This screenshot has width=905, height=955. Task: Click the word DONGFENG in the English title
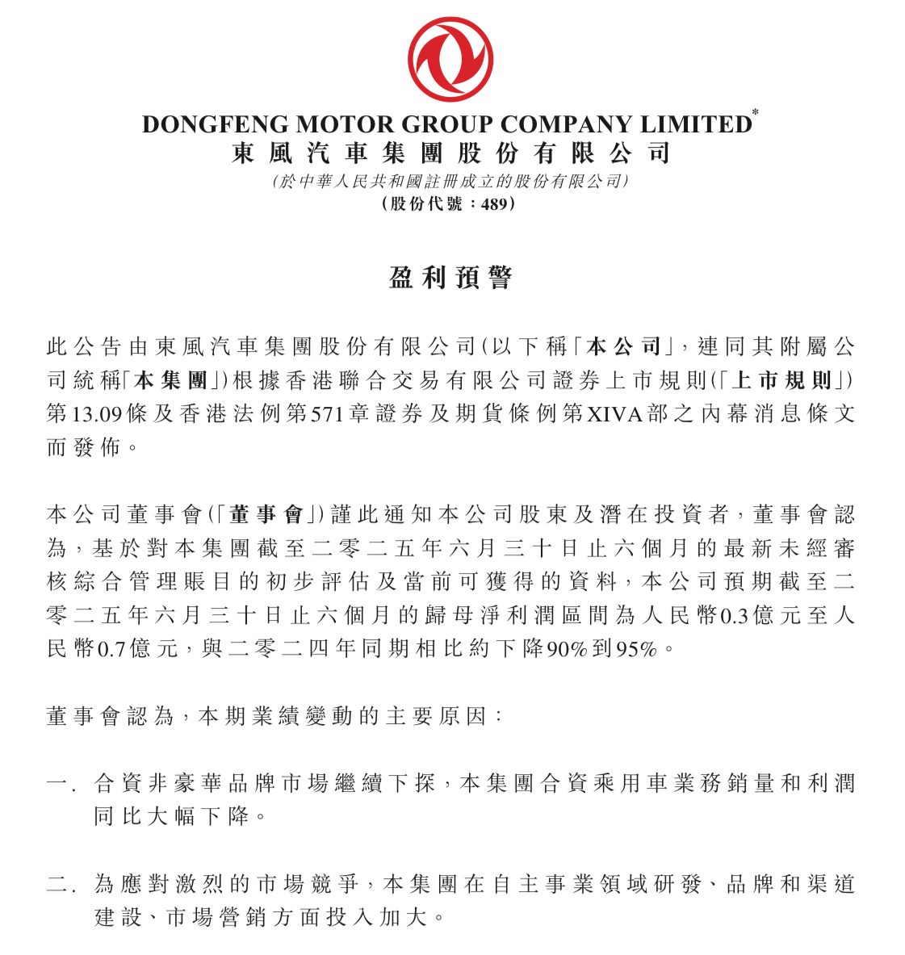click(x=215, y=124)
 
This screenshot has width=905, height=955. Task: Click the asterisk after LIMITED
click(x=756, y=113)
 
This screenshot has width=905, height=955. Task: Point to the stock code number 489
click(x=494, y=203)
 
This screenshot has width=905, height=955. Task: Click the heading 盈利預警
click(x=450, y=279)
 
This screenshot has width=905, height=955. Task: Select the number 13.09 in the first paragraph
click(x=97, y=414)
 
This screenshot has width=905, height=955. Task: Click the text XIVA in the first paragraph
click(x=614, y=414)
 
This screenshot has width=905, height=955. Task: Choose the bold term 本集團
click(x=170, y=380)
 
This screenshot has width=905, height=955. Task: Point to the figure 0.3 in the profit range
click(x=733, y=615)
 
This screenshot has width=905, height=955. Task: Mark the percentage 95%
click(x=636, y=648)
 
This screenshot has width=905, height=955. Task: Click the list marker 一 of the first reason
click(x=57, y=783)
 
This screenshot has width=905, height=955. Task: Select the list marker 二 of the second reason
click(x=57, y=884)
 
